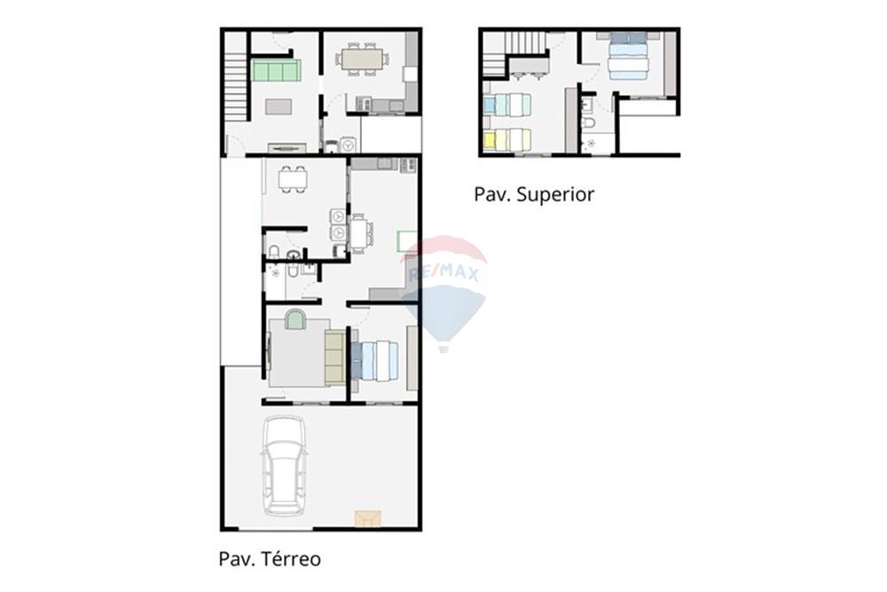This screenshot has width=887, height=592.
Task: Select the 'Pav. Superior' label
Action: (x=534, y=194)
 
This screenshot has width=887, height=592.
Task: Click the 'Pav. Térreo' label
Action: (x=270, y=558)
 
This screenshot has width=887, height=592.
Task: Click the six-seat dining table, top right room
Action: (x=362, y=59)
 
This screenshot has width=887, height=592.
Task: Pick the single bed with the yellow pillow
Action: (x=506, y=139)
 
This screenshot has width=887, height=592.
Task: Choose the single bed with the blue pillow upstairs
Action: (x=508, y=105)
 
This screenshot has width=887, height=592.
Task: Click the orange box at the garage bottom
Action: (x=366, y=517)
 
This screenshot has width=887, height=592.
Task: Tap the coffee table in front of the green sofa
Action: (x=278, y=107)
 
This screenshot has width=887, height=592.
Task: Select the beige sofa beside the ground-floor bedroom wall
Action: (x=334, y=357)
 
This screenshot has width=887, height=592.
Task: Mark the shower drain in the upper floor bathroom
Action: (x=591, y=142)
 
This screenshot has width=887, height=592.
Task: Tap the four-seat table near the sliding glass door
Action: (x=292, y=179)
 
